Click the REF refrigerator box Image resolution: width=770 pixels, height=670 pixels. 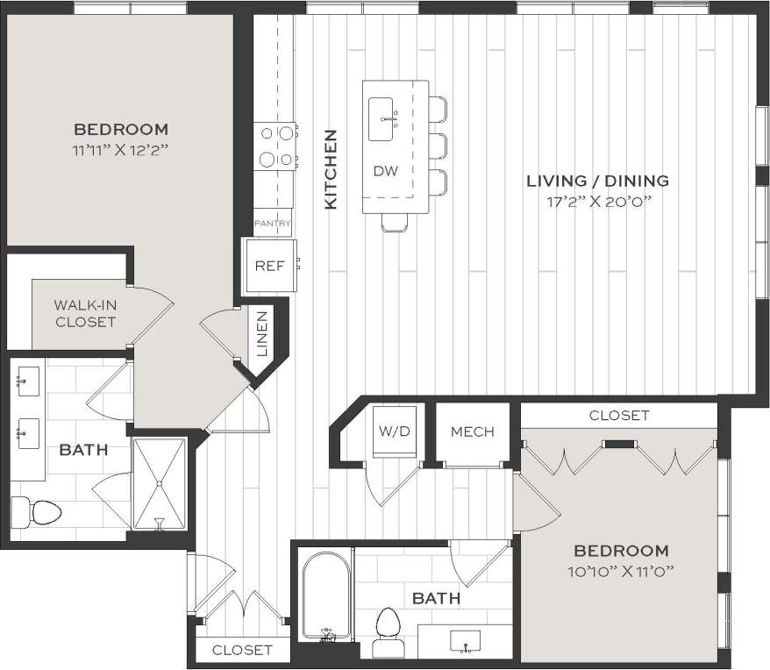coord(270,266)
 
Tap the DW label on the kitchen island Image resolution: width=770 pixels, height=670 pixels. coord(386,171)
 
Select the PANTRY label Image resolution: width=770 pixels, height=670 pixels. coord(272,224)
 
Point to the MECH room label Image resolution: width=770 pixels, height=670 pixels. coord(473,431)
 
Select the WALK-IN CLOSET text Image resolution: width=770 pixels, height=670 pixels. coord(84,313)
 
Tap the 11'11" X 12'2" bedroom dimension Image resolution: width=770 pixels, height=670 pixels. coord(121,149)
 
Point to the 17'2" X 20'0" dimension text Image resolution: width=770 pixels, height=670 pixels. coord(597,201)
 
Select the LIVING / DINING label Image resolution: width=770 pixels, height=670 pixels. coord(597,181)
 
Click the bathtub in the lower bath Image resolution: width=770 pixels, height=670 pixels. coord(325,596)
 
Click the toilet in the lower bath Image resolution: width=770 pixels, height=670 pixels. coord(387,630)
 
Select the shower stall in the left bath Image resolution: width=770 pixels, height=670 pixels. coord(159,483)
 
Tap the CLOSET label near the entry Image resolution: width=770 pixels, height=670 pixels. coord(242,650)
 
